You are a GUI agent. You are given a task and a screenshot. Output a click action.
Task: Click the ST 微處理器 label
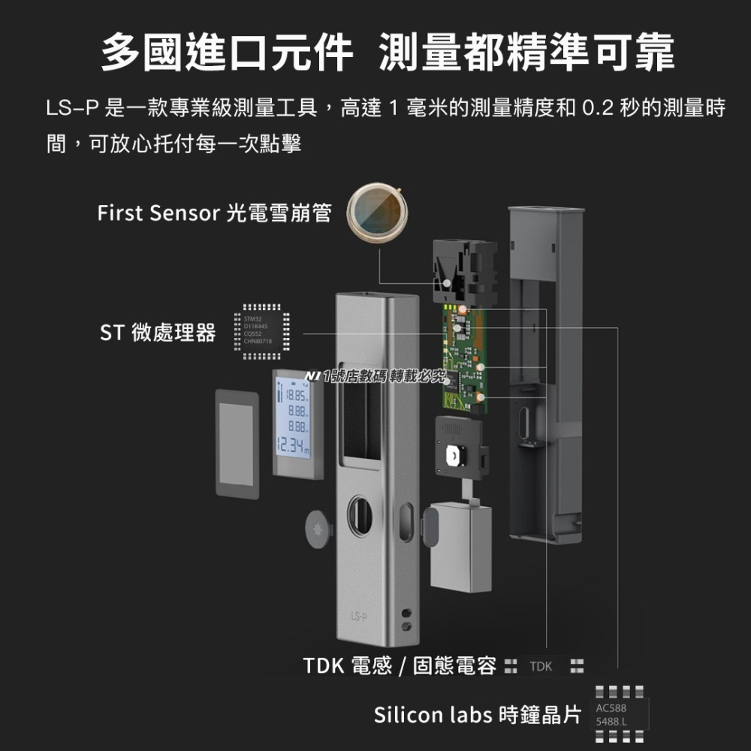click(158, 332)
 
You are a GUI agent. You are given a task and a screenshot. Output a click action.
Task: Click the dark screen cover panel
click(237, 443)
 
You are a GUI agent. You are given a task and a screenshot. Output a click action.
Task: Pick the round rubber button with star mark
click(318, 529)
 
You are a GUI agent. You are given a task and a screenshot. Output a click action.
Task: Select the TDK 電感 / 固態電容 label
click(400, 666)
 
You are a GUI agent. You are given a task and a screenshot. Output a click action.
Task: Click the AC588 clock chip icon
click(615, 715)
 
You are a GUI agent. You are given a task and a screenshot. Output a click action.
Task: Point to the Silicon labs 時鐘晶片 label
click(478, 715)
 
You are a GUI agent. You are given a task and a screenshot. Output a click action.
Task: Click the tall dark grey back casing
click(544, 375)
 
